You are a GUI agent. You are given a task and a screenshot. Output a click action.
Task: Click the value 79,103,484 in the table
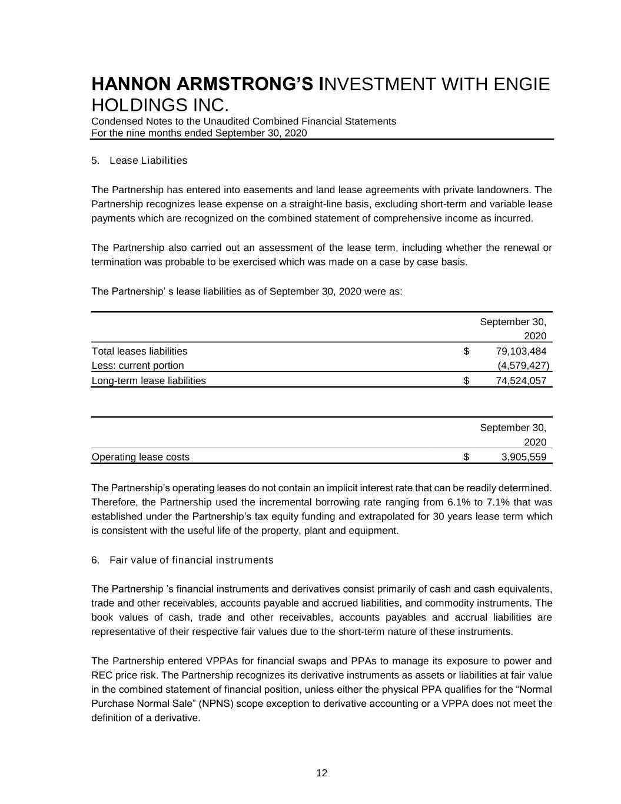(521, 352)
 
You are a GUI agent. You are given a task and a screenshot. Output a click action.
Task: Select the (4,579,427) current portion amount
(523, 366)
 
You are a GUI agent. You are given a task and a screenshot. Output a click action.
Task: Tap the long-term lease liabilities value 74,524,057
(521, 381)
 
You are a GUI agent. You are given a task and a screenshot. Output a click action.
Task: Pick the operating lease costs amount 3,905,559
(523, 457)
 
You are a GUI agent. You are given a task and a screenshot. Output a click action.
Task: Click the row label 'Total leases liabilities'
(140, 352)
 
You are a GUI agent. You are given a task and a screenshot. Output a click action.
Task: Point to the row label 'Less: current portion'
(138, 366)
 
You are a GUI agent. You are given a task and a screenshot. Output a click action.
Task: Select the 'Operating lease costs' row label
(141, 457)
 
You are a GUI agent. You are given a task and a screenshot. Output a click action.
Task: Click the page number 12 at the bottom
(322, 773)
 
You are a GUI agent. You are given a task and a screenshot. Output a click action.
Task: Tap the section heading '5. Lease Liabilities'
(140, 161)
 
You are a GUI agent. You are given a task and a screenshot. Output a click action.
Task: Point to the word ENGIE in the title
(521, 85)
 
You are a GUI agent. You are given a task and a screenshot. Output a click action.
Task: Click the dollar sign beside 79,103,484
(466, 352)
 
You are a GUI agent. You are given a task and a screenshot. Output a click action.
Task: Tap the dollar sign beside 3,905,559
(466, 457)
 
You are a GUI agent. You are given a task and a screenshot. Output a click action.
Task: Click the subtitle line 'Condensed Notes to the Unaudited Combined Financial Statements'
(244, 121)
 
